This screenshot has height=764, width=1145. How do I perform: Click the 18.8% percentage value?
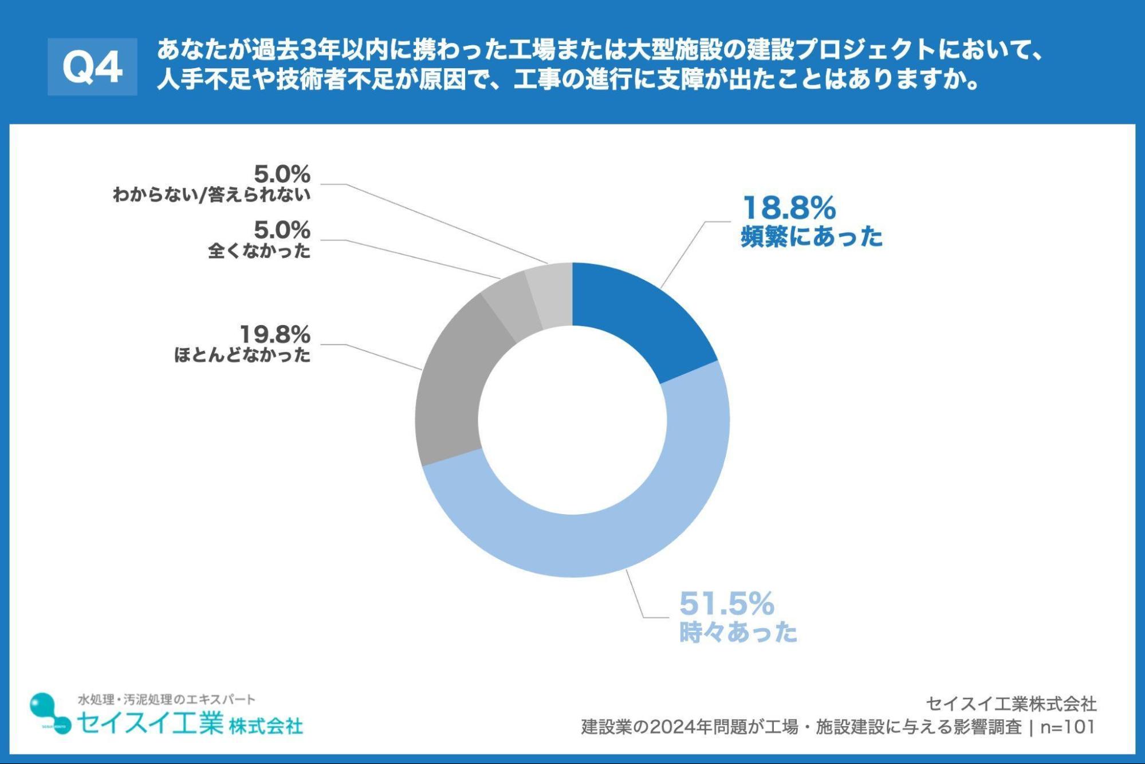click(x=789, y=208)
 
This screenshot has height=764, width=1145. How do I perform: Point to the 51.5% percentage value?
click(x=726, y=604)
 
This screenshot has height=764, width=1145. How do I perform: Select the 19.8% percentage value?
click(x=274, y=334)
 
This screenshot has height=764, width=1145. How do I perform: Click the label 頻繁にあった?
click(x=811, y=237)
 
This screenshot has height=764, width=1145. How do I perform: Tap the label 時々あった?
click(x=738, y=632)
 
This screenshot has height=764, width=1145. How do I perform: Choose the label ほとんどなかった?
click(x=242, y=355)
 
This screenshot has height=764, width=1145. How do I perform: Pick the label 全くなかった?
click(x=259, y=251)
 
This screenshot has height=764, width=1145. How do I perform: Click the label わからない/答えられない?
click(x=211, y=195)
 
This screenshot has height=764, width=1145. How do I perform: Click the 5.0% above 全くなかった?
click(x=282, y=230)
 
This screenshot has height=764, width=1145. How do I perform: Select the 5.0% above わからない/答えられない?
click(x=282, y=174)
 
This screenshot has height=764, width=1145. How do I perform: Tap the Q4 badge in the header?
click(x=92, y=67)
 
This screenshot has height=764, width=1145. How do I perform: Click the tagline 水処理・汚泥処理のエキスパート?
click(x=167, y=699)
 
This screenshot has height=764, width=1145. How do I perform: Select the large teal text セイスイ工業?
click(x=150, y=723)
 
